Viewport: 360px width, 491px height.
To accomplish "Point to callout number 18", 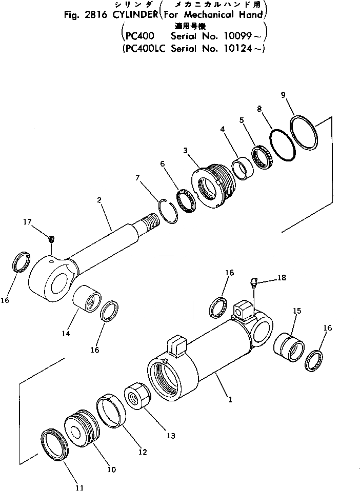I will click(x=282, y=278).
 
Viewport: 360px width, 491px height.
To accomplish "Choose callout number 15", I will click(x=296, y=311).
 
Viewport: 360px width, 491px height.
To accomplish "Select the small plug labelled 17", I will click(x=51, y=239).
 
